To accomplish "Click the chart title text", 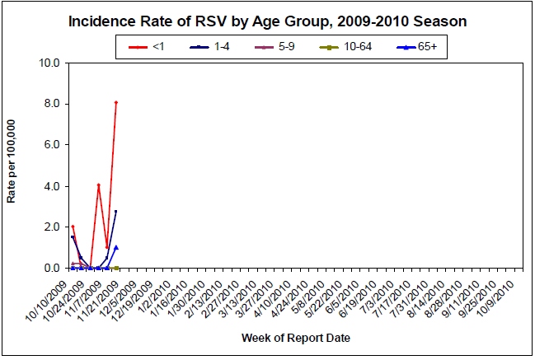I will [267, 21].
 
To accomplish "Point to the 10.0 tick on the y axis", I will [49, 63].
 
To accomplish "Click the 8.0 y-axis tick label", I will [51, 104].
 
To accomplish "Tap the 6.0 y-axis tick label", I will [51, 145].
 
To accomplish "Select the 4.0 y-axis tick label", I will [51, 186].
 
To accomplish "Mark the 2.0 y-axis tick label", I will [51, 227].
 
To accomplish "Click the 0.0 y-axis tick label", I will [51, 268].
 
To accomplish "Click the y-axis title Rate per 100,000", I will [12, 165].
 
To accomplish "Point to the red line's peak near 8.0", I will [116, 102].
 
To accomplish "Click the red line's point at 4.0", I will [99, 185].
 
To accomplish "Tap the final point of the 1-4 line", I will [116, 212].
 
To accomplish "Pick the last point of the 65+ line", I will [116, 247].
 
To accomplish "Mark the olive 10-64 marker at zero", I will [116, 268].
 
